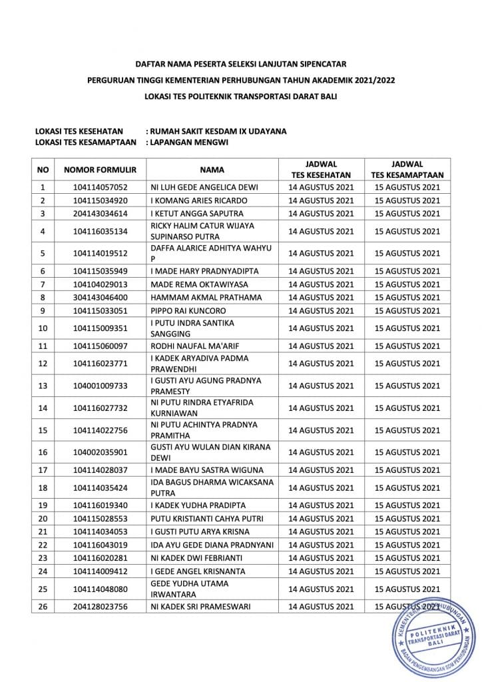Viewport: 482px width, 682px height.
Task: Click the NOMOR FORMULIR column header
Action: click(101, 170)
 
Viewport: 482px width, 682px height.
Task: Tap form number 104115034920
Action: click(101, 200)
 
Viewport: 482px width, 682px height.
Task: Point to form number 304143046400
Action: click(101, 298)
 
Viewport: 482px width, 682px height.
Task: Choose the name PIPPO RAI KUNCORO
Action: click(188, 311)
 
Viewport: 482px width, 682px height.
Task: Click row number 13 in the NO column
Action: click(43, 386)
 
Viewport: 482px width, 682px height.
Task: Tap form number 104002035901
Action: click(101, 452)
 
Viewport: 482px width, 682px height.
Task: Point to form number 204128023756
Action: click(101, 607)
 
